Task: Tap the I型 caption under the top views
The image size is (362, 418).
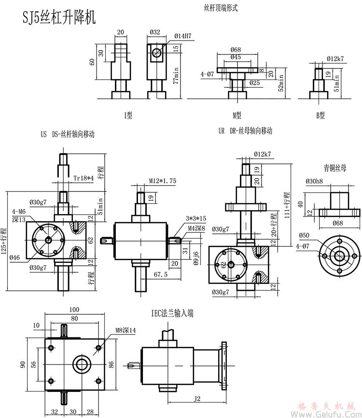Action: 128,115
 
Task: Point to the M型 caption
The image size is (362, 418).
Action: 237,115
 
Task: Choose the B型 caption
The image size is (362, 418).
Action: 320,115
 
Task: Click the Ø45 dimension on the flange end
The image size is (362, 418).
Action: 236,57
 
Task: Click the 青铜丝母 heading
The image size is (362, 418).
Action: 335,168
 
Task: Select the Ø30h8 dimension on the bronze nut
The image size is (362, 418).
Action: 315,181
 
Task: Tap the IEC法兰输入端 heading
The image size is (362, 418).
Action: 172,313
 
